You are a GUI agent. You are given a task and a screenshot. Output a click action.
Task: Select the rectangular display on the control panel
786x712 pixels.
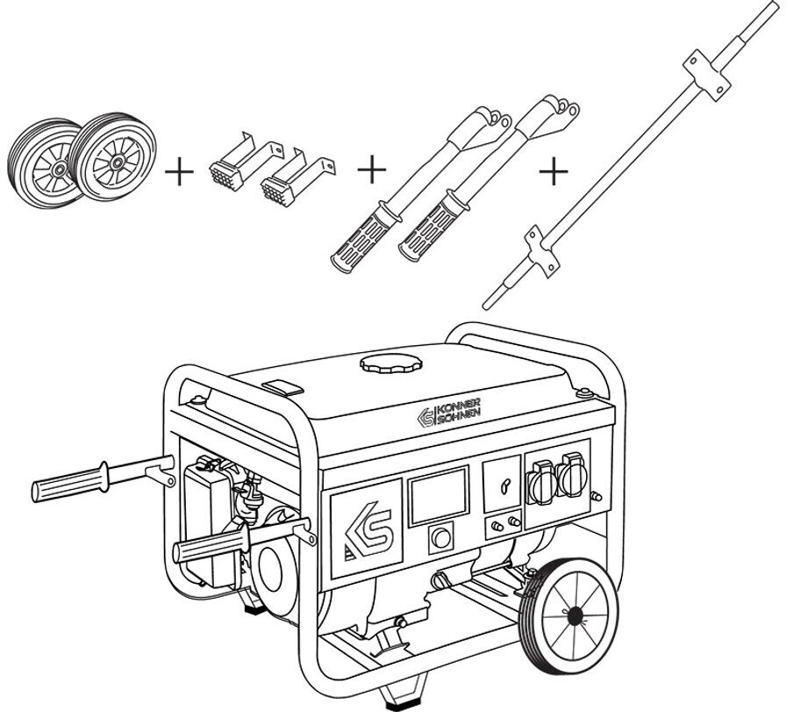[439, 497]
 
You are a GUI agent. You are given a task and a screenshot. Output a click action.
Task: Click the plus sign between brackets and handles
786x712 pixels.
[372, 167]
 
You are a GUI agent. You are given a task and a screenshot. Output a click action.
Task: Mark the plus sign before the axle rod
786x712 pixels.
[553, 171]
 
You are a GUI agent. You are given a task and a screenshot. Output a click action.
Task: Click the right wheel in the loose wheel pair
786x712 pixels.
[111, 157]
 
